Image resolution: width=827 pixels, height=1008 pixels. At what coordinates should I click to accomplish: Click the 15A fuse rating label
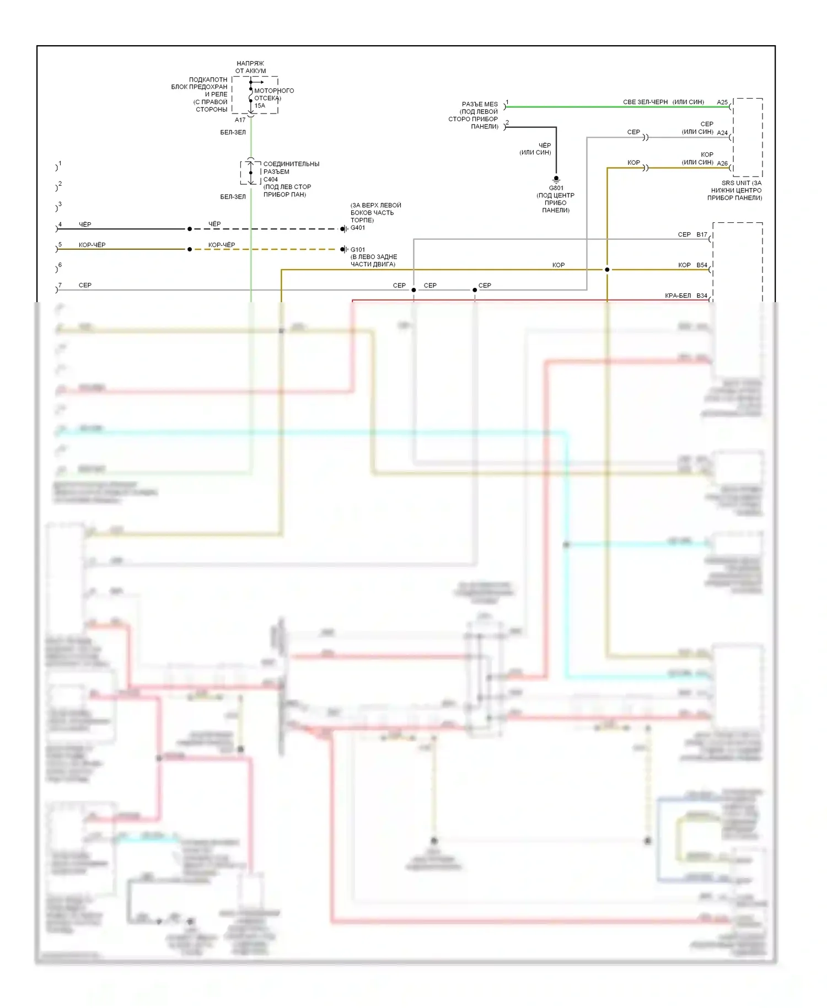(260, 106)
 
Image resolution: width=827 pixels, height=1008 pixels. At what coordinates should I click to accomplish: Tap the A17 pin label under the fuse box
(240, 120)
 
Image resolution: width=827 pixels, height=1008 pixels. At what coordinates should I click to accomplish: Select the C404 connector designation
(271, 179)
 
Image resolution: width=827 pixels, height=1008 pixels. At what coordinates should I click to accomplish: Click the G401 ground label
(358, 228)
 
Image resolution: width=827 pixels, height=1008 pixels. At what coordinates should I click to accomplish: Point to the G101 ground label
(358, 250)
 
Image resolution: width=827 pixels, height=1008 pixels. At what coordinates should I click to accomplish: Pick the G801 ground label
(556, 188)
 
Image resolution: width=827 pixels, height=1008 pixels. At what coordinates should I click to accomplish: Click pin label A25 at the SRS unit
(722, 103)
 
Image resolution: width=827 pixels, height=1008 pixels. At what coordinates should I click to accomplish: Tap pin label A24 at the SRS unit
(722, 133)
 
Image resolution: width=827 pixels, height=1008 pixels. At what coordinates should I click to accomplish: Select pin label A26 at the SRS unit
(722, 163)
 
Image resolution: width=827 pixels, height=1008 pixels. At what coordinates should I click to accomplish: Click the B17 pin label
(702, 235)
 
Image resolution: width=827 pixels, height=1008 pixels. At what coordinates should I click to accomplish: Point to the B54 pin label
(702, 265)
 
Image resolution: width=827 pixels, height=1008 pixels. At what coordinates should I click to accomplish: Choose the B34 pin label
(702, 296)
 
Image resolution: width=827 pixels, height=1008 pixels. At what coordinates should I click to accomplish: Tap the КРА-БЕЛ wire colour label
(678, 296)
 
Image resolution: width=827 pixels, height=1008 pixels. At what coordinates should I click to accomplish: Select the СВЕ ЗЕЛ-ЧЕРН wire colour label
(645, 103)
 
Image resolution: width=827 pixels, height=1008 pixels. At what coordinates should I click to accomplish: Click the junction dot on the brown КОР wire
(607, 270)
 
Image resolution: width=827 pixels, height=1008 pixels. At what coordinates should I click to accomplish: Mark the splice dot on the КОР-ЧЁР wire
(190, 249)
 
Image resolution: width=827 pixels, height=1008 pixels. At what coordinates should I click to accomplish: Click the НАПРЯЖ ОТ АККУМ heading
(250, 67)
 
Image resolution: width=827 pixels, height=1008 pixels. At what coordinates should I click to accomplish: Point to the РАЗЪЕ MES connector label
(480, 104)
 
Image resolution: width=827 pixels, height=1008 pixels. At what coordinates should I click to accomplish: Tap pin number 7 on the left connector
(60, 285)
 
